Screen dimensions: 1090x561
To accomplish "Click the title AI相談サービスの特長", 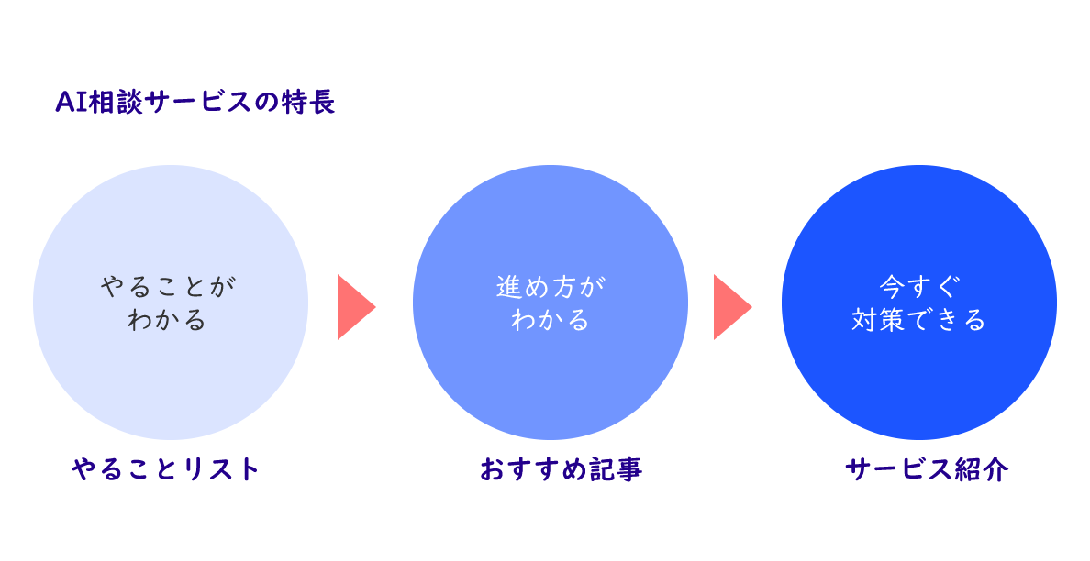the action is pyautogui.click(x=195, y=102).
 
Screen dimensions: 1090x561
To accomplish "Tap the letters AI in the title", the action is pyautogui.click(x=71, y=102).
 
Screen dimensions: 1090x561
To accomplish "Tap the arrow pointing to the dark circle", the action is pyautogui.click(x=730, y=307).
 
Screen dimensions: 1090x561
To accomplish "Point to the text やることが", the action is pyautogui.click(x=168, y=286).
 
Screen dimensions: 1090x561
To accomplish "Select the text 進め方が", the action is pyautogui.click(x=551, y=286).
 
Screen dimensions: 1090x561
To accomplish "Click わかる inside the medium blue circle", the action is pyautogui.click(x=551, y=320).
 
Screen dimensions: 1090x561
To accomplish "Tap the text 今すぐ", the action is pyautogui.click(x=918, y=286).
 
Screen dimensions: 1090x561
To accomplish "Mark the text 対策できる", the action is pyautogui.click(x=918, y=320).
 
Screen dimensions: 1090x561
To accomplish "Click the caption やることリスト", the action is pyautogui.click(x=167, y=469).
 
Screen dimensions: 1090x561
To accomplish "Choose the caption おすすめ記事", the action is pyautogui.click(x=561, y=469).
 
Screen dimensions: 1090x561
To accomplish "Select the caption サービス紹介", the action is pyautogui.click(x=927, y=469).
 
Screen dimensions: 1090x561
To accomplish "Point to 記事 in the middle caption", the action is pyautogui.click(x=616, y=469).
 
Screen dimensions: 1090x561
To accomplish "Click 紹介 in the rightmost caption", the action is pyautogui.click(x=982, y=469).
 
